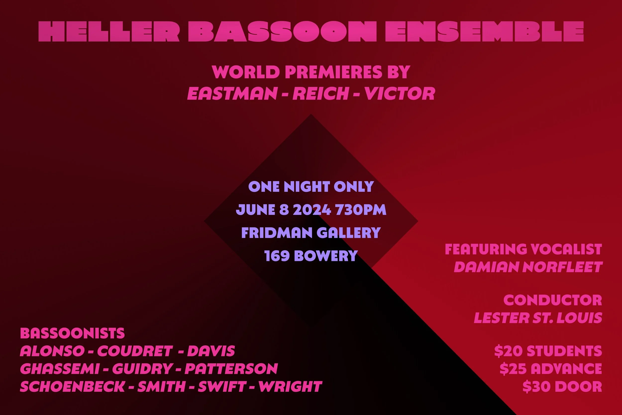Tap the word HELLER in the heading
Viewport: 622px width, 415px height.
[109, 32]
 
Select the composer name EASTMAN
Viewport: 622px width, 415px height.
[232, 93]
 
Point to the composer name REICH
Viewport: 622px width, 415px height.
[320, 93]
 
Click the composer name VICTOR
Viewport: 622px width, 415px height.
[400, 93]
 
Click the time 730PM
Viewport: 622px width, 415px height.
[361, 210]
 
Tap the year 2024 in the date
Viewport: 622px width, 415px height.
[312, 210]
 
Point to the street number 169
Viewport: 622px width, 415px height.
[277, 256]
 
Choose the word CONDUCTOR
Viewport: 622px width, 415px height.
[553, 300]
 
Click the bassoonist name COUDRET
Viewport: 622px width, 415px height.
[135, 351]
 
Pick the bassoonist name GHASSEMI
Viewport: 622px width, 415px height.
[59, 369]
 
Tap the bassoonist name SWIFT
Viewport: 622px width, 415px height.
[222, 387]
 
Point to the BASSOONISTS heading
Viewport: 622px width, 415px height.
[72, 333]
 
